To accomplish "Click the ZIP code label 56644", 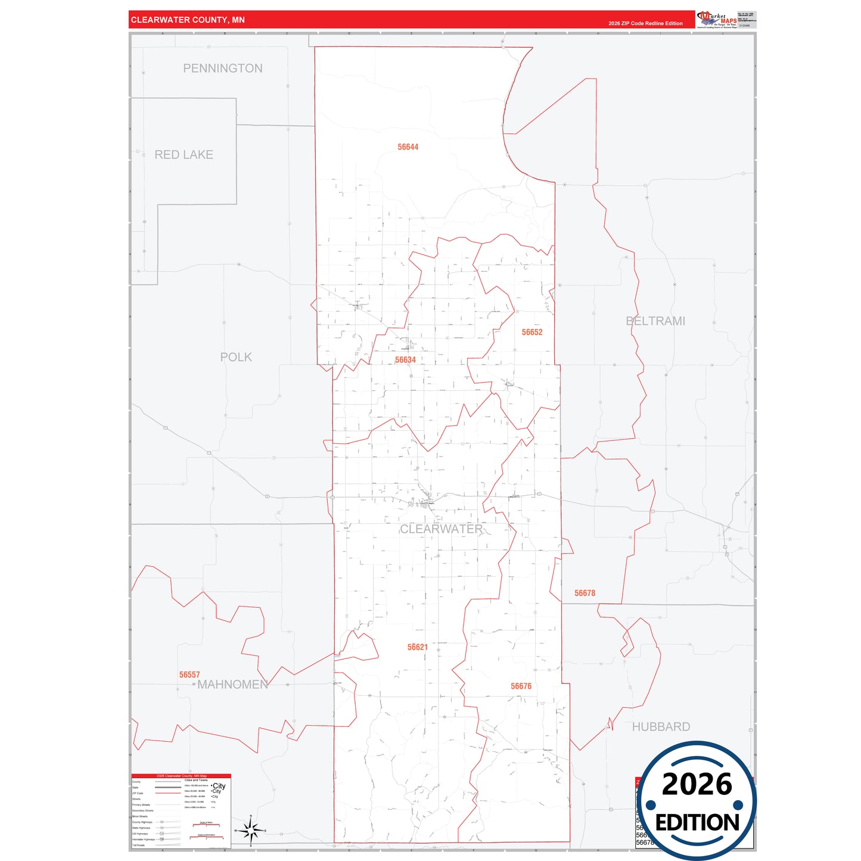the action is coord(408,147).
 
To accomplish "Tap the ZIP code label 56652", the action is coord(532,332).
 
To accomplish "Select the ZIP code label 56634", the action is coord(405,360).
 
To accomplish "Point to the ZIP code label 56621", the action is coord(418,647).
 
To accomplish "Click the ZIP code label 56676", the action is coord(521,686).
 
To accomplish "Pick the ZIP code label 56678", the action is coord(585,593).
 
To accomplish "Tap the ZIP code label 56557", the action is coord(189,675).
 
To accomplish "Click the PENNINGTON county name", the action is coord(222,69).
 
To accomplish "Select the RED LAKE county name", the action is coord(184,155).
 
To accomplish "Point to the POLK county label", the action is coord(236,358).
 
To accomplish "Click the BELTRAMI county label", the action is coord(655,321).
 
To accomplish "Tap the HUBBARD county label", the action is coord(661,727).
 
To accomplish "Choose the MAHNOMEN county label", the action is coord(233,685).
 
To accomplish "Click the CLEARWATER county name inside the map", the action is coord(441,529).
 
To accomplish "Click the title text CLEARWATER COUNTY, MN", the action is coord(188,20).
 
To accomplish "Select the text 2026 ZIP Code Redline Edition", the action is coord(645,23).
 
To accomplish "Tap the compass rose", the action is coord(251,830).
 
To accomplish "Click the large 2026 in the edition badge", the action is coord(697,784).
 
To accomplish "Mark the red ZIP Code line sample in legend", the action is coord(167,793).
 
